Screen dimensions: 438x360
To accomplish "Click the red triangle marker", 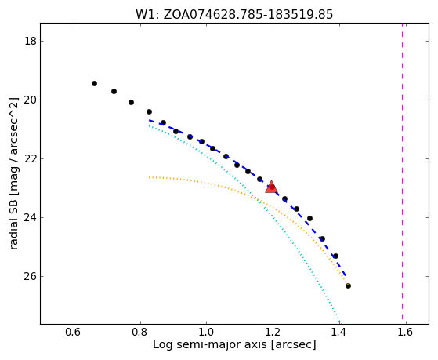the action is tap(271, 187).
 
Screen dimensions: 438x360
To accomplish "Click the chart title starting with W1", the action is tap(234, 14).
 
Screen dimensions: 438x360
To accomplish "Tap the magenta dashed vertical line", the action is tap(402, 172).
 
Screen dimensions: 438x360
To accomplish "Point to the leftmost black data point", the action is tap(94, 83).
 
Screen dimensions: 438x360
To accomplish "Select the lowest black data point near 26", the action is tap(348, 285).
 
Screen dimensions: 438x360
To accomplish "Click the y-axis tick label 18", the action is tap(31, 42).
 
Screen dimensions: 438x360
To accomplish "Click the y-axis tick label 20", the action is tap(31, 100).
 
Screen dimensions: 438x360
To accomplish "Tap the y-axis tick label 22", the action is tap(31, 159).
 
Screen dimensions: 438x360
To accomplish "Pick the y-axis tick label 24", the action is tap(31, 217).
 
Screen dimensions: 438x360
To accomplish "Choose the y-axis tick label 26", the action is tap(31, 276).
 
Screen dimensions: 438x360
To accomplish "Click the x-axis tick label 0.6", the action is tap(74, 332).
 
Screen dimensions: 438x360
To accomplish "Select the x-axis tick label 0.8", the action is tap(140, 332).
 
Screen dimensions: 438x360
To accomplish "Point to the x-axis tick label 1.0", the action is tap(207, 332).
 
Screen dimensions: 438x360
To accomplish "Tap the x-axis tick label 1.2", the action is tap(273, 332).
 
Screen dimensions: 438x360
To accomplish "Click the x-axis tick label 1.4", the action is tap(339, 332).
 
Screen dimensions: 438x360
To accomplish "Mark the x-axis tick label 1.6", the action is tap(406, 332).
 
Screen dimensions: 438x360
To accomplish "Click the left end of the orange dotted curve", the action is tap(150, 177).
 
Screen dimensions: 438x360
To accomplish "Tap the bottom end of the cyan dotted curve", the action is tap(339, 322).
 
